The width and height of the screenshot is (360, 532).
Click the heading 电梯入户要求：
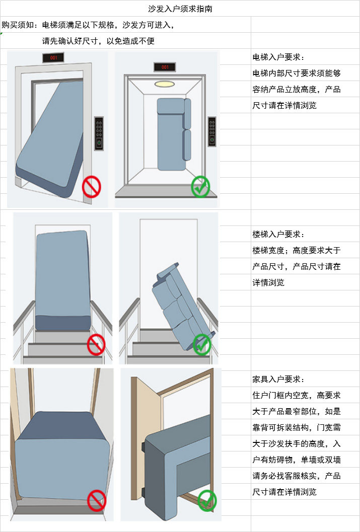(x=278, y=57)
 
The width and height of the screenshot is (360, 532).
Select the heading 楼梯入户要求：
(x=278, y=234)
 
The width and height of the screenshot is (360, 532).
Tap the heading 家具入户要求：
(x=278, y=379)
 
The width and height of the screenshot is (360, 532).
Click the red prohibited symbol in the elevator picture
(x=92, y=186)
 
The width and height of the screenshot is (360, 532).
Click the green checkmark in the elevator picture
(x=201, y=187)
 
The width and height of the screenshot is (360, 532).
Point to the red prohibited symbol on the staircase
(x=96, y=345)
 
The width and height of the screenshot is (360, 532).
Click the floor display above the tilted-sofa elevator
(x=54, y=58)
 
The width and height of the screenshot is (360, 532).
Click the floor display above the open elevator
(x=165, y=67)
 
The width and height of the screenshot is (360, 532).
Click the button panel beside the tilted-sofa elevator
(x=99, y=133)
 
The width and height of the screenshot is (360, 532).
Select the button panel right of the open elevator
(x=212, y=132)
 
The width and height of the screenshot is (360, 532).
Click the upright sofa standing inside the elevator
(x=172, y=133)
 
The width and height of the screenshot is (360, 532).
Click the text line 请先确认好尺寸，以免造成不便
(x=98, y=41)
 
